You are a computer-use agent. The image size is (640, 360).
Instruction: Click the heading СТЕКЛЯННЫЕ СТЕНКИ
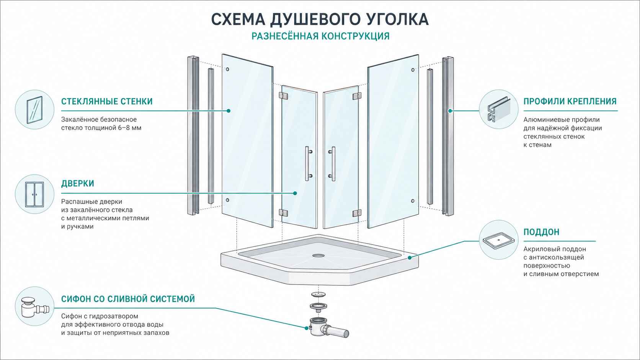pyautogui.click(x=107, y=101)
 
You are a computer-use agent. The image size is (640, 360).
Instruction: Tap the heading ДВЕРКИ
pyautogui.click(x=77, y=183)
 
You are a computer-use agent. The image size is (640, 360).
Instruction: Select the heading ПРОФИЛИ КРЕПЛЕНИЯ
pyautogui.click(x=570, y=101)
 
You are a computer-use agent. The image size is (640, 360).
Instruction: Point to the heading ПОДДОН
pyautogui.click(x=541, y=232)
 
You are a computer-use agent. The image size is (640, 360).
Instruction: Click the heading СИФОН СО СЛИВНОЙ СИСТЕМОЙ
pyautogui.click(x=128, y=299)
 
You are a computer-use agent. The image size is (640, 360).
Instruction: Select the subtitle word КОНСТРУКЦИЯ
pyautogui.click(x=356, y=36)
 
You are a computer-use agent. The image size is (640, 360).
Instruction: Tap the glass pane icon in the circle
pyautogui.click(x=34, y=110)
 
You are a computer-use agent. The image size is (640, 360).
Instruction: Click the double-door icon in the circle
pyautogui.click(x=34, y=194)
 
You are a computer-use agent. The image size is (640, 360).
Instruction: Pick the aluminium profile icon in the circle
pyautogui.click(x=499, y=109)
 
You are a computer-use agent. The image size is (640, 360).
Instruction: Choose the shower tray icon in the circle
pyautogui.click(x=499, y=240)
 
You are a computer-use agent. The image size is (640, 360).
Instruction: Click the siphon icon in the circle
pyautogui.click(x=34, y=307)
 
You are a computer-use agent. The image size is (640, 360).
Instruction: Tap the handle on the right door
pyautogui.click(x=332, y=164)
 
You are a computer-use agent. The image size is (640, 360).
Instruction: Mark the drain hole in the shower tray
pyautogui.click(x=318, y=255)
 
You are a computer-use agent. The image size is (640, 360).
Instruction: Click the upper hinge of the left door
pyautogui.click(x=283, y=96)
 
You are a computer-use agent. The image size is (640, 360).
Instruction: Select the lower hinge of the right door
pyautogui.click(x=357, y=213)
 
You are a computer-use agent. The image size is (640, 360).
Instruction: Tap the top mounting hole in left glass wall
pyautogui.click(x=227, y=69)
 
